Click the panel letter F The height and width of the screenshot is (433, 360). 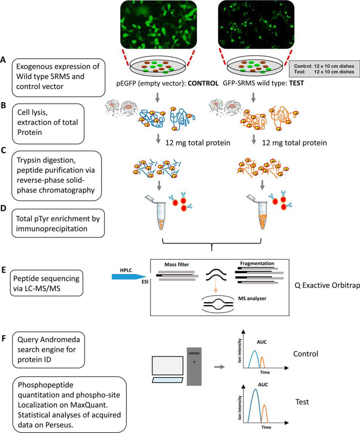coord(3,339)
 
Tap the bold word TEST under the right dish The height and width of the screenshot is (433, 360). coord(295,83)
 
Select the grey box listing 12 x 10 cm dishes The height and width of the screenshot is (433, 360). coord(324,69)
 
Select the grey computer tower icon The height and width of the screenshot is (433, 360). coord(194,366)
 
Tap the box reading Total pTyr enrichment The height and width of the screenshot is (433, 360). coord(58,224)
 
